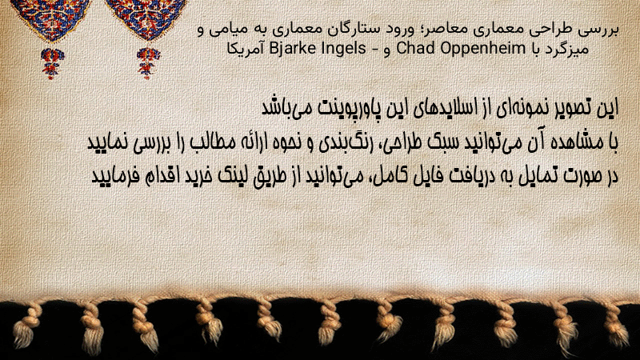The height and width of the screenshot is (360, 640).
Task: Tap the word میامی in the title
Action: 229,30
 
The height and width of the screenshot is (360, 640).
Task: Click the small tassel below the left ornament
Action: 52,62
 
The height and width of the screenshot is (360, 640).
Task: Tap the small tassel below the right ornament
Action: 148,62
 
